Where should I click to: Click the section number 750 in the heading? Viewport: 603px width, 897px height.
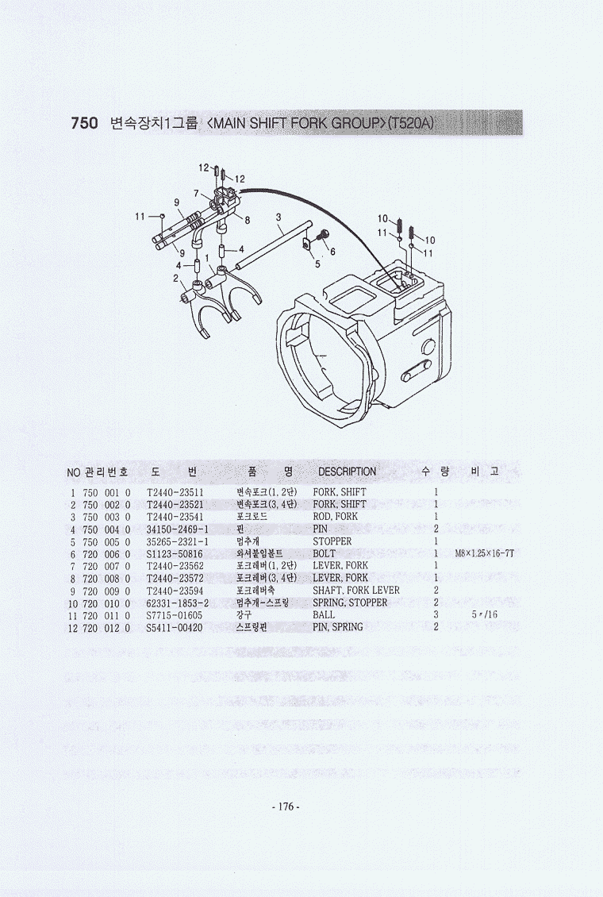click(x=85, y=123)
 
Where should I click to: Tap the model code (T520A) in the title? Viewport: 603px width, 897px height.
click(x=410, y=123)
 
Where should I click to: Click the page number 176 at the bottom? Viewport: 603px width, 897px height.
click(x=285, y=807)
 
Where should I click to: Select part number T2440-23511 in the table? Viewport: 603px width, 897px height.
click(x=175, y=492)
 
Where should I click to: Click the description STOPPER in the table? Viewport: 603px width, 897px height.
click(x=332, y=541)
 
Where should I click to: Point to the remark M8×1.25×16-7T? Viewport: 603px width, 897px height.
click(x=485, y=554)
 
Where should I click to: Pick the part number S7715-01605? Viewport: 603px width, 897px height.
click(x=174, y=615)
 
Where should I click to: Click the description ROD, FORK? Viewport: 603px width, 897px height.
click(x=335, y=517)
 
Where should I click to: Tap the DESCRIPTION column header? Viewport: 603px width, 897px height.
click(x=347, y=472)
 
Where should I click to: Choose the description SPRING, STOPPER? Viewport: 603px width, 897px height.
click(x=350, y=603)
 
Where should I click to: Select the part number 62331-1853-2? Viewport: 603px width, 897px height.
click(x=177, y=603)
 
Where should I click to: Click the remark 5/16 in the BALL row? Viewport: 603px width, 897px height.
click(x=485, y=615)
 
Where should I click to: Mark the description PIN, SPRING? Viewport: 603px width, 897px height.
click(x=338, y=628)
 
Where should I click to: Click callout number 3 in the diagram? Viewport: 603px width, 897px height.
click(x=278, y=218)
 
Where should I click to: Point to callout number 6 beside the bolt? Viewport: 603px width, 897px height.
click(x=332, y=252)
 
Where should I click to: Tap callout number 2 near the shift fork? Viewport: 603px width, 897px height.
click(x=175, y=279)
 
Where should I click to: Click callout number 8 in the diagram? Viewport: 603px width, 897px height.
click(x=247, y=220)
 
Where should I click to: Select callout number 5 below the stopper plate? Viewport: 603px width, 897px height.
click(x=318, y=264)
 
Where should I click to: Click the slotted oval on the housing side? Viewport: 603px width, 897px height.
click(x=417, y=371)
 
